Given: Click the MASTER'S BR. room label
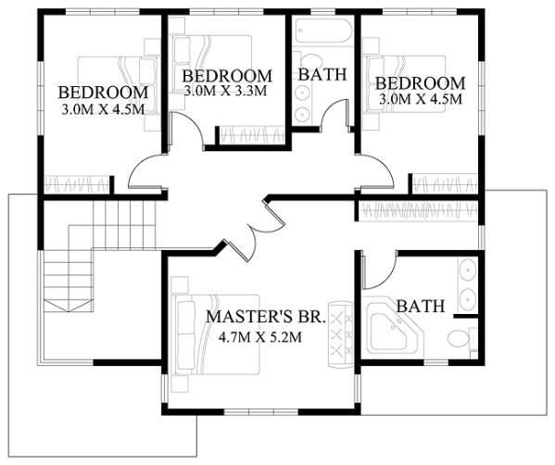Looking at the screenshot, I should (x=264, y=316).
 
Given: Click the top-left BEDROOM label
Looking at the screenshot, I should (x=103, y=93).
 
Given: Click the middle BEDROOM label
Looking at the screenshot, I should (x=227, y=75).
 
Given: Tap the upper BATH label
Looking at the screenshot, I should (x=322, y=74).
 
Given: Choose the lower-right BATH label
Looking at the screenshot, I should (x=420, y=306).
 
